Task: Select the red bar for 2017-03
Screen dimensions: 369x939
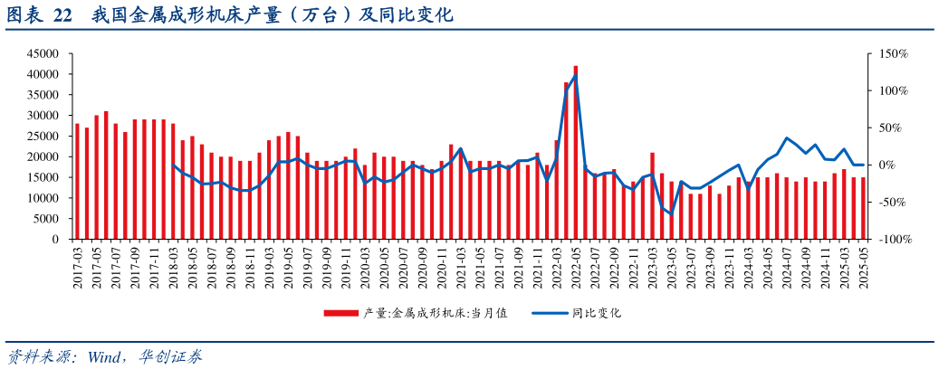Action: point(78,181)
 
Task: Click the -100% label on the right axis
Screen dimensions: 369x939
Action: point(893,240)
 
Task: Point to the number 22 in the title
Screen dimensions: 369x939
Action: point(62,15)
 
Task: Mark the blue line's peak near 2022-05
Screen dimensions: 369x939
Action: point(576,75)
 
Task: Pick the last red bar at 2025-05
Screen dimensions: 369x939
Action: point(863,208)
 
